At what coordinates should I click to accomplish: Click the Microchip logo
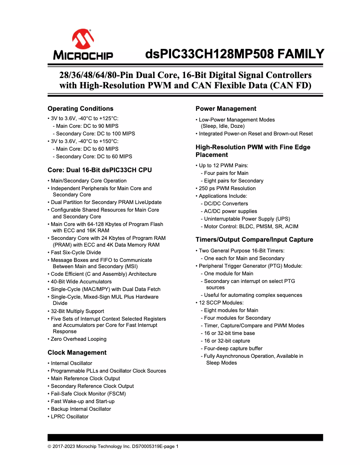click(83, 45)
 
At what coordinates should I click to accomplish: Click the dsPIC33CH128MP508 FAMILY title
click(234, 54)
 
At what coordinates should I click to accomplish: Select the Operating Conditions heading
click(80, 109)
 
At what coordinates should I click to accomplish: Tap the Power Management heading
click(226, 109)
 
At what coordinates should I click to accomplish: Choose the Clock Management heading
click(77, 352)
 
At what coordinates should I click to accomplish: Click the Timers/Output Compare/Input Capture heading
click(254, 239)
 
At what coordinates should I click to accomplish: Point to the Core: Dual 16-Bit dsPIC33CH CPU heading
click(100, 170)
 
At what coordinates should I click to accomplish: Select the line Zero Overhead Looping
click(79, 339)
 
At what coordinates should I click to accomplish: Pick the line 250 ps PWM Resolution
click(227, 188)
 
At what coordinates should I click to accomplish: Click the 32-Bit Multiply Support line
click(77, 311)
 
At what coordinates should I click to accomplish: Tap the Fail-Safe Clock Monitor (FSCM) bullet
click(88, 394)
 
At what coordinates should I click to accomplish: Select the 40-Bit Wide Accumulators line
click(81, 282)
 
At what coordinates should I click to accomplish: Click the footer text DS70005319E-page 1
click(155, 446)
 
